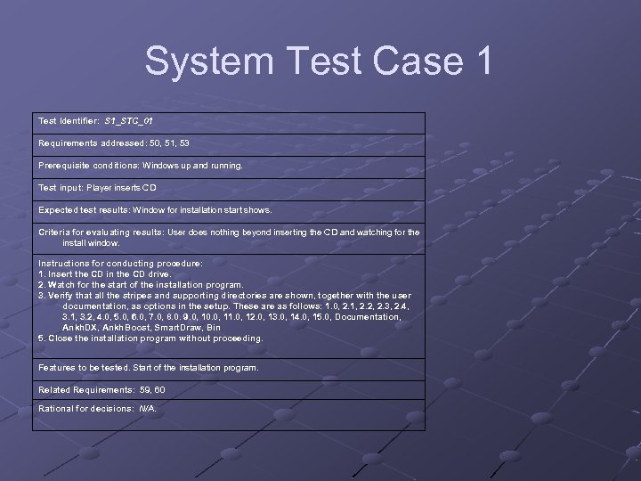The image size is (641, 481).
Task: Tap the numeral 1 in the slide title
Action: click(477, 61)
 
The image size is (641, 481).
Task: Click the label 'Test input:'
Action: click(61, 187)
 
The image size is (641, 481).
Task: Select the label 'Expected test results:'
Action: click(83, 209)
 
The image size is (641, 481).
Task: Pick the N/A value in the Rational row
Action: click(147, 409)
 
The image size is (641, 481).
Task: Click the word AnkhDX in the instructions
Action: click(82, 328)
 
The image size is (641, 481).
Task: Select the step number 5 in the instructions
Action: click(41, 338)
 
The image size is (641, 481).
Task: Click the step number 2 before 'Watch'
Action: click(41, 285)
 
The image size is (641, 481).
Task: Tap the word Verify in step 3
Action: click(63, 296)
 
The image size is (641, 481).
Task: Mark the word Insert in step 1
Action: click(61, 274)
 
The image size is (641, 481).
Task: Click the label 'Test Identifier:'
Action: click(69, 119)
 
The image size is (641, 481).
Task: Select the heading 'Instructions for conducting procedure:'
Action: click(120, 264)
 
